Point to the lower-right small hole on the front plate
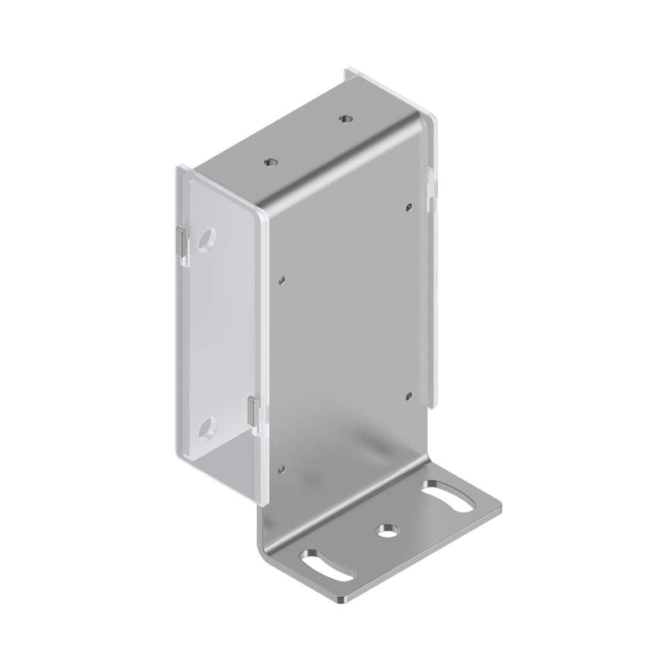pyautogui.click(x=407, y=394)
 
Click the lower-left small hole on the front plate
pyautogui.click(x=283, y=471)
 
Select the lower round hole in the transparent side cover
pyautogui.click(x=205, y=430)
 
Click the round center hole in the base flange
pyautogui.click(x=387, y=531)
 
